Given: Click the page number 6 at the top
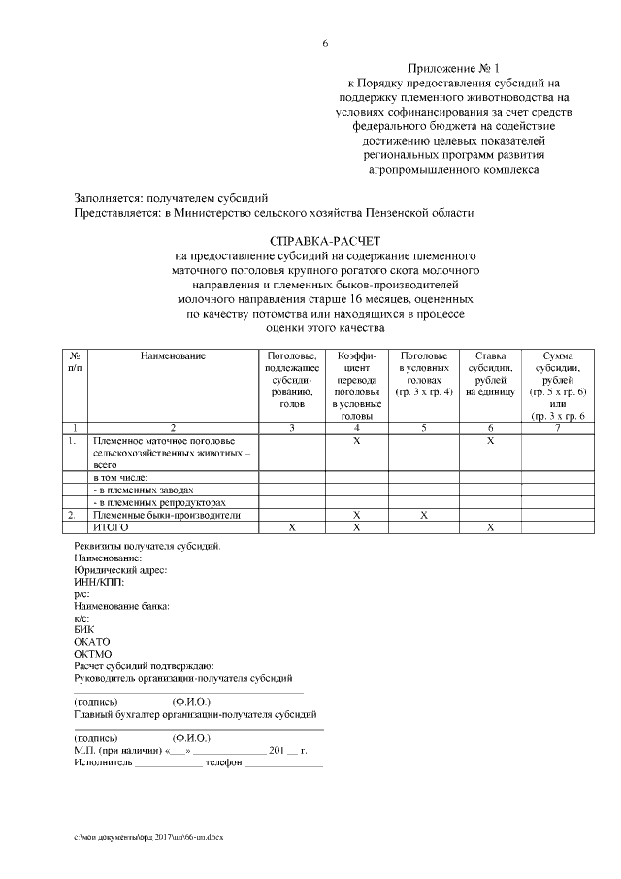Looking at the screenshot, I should pos(325,44).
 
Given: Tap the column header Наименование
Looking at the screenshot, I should pos(173,356).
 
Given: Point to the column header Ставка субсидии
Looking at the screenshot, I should pos(490,374).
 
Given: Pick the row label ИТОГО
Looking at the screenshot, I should pos(111,526).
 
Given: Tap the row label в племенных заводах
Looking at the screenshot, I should pos(144,490).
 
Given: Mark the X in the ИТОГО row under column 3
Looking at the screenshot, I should pos(292,526).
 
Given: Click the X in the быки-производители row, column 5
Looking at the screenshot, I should pos(424,515).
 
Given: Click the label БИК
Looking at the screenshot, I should pos(84,629).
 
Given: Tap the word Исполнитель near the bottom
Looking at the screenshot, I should pos(103,763).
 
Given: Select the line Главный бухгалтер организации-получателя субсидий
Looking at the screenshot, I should pos(197,714).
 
